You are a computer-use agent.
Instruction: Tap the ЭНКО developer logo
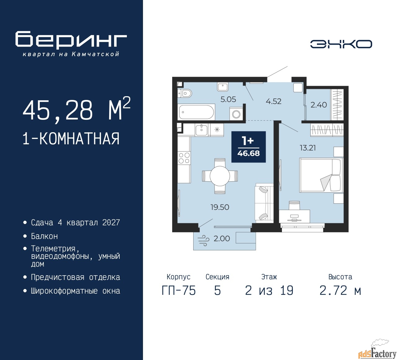[341, 44]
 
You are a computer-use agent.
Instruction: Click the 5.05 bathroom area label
[228, 99]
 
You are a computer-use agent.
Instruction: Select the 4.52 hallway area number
[274, 101]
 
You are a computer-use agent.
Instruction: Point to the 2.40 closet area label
[319, 105]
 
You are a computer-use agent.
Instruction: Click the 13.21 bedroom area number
[308, 148]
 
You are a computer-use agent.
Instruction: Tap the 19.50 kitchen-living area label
[220, 207]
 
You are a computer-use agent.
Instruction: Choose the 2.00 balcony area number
[222, 239]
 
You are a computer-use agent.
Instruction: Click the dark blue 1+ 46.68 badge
[248, 147]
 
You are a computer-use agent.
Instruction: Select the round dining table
[220, 176]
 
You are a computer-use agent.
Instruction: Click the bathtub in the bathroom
[196, 112]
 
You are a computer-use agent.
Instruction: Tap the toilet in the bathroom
[185, 93]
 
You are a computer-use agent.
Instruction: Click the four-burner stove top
[184, 158]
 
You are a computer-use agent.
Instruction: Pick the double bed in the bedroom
[321, 175]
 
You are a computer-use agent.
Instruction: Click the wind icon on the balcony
[203, 240]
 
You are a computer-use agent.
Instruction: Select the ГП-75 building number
[179, 291]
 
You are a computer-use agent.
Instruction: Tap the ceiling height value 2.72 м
[340, 291]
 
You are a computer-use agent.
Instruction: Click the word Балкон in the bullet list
[44, 236]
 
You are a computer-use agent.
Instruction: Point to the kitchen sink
[201, 130]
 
